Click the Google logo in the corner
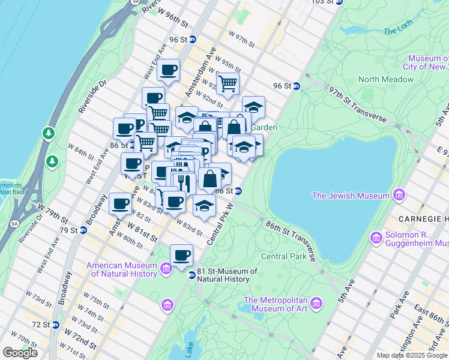tap(20, 353)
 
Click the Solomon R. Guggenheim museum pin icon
tap(376, 238)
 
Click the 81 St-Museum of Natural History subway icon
tap(191, 275)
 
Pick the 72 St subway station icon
tap(55, 325)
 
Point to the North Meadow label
tap(381, 79)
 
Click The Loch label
tap(397, 31)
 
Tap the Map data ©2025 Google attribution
tap(412, 355)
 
